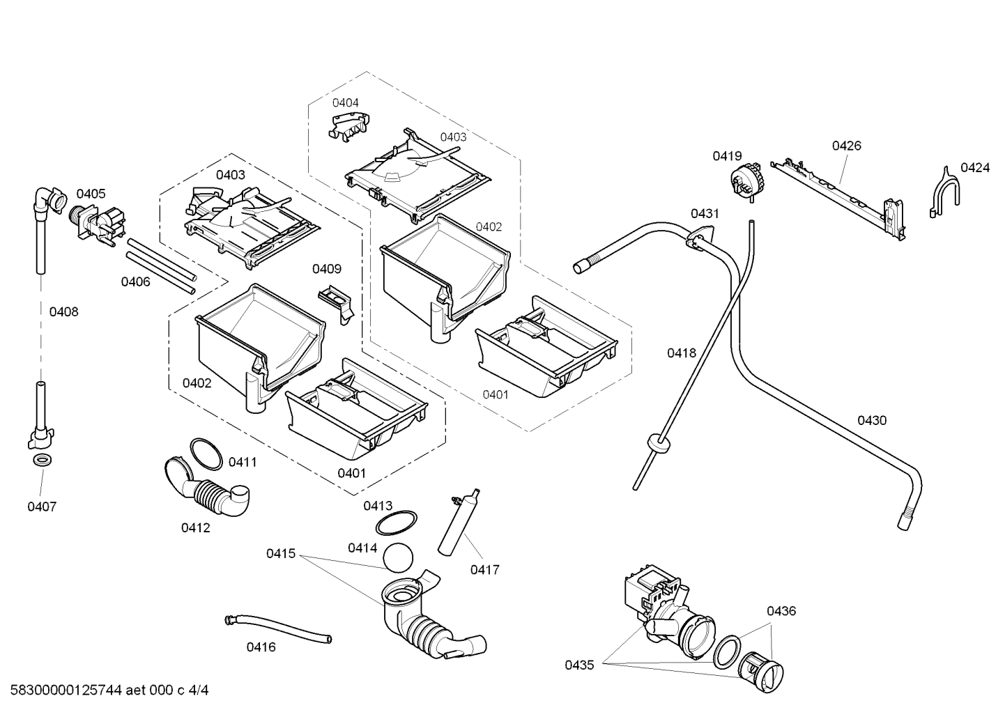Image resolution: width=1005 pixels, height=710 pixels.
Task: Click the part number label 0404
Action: tap(345, 102)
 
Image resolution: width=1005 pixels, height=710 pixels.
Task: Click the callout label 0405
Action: tap(91, 194)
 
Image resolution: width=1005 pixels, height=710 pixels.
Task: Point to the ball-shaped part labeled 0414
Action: tap(399, 557)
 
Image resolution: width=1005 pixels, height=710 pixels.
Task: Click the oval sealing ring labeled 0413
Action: tap(396, 522)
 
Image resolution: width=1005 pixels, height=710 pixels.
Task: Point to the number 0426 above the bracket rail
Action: tap(846, 146)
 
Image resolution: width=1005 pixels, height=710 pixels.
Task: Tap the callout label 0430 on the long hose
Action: tap(871, 420)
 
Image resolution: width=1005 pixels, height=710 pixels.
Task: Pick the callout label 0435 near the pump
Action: tap(579, 665)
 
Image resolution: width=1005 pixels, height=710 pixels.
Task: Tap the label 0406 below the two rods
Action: tap(135, 281)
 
